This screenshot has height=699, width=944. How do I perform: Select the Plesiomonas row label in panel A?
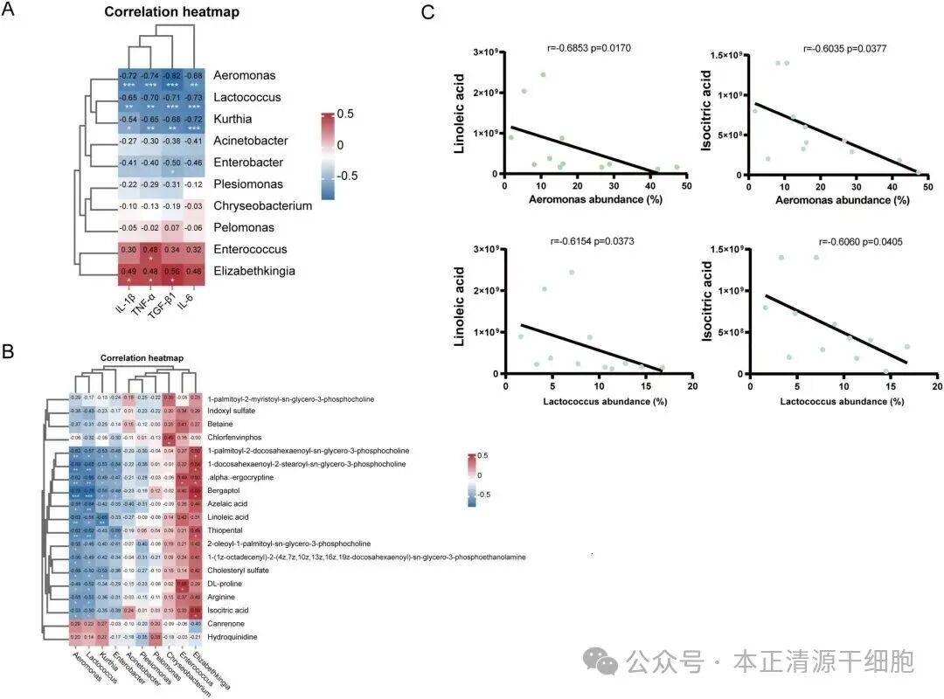point(251,184)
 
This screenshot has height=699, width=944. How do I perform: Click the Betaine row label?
point(219,424)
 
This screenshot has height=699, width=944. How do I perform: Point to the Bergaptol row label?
point(223,491)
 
